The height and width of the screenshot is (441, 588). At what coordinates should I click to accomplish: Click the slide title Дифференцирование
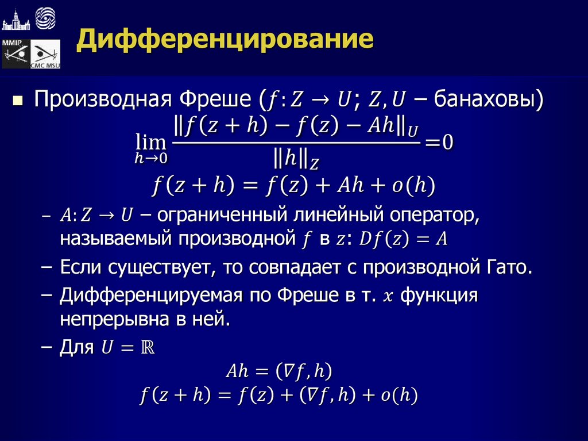click(x=226, y=40)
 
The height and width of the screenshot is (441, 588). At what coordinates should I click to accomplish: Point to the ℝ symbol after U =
click(x=148, y=348)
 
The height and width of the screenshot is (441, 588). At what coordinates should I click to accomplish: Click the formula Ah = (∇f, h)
click(x=279, y=371)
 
